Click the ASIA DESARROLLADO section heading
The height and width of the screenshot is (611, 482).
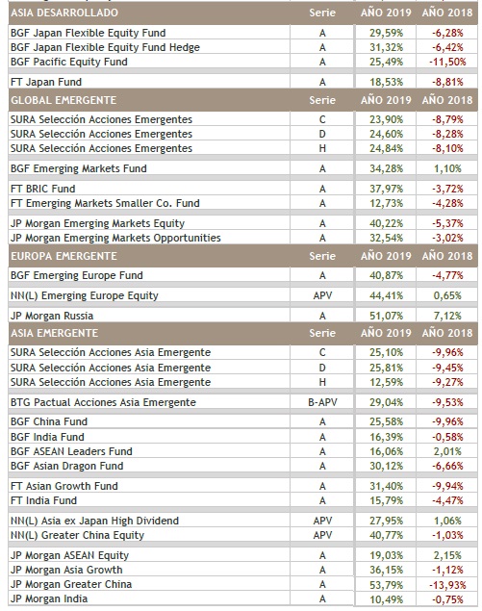64,13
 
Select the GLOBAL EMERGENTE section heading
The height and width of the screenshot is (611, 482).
63,100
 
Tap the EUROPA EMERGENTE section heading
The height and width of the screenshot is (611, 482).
63,256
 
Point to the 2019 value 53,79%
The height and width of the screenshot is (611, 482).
386,584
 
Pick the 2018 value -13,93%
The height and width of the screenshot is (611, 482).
447,584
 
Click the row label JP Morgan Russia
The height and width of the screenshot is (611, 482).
52,316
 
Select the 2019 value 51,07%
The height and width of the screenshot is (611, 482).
386,316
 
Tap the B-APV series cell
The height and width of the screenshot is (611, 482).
322,402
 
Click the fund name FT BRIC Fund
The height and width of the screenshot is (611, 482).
43,189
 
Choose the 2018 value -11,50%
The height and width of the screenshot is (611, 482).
447,62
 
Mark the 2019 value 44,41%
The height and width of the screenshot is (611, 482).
386,295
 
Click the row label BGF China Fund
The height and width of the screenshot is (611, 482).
49,421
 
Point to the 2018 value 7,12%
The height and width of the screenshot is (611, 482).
447,316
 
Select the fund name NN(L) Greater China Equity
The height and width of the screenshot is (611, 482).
78,535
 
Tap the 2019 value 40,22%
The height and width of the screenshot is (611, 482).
386,223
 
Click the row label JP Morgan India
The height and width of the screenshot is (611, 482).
49,598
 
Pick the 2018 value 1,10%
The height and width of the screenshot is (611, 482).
447,168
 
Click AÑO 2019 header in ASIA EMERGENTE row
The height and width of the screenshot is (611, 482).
386,333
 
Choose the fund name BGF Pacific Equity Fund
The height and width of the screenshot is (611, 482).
69,62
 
